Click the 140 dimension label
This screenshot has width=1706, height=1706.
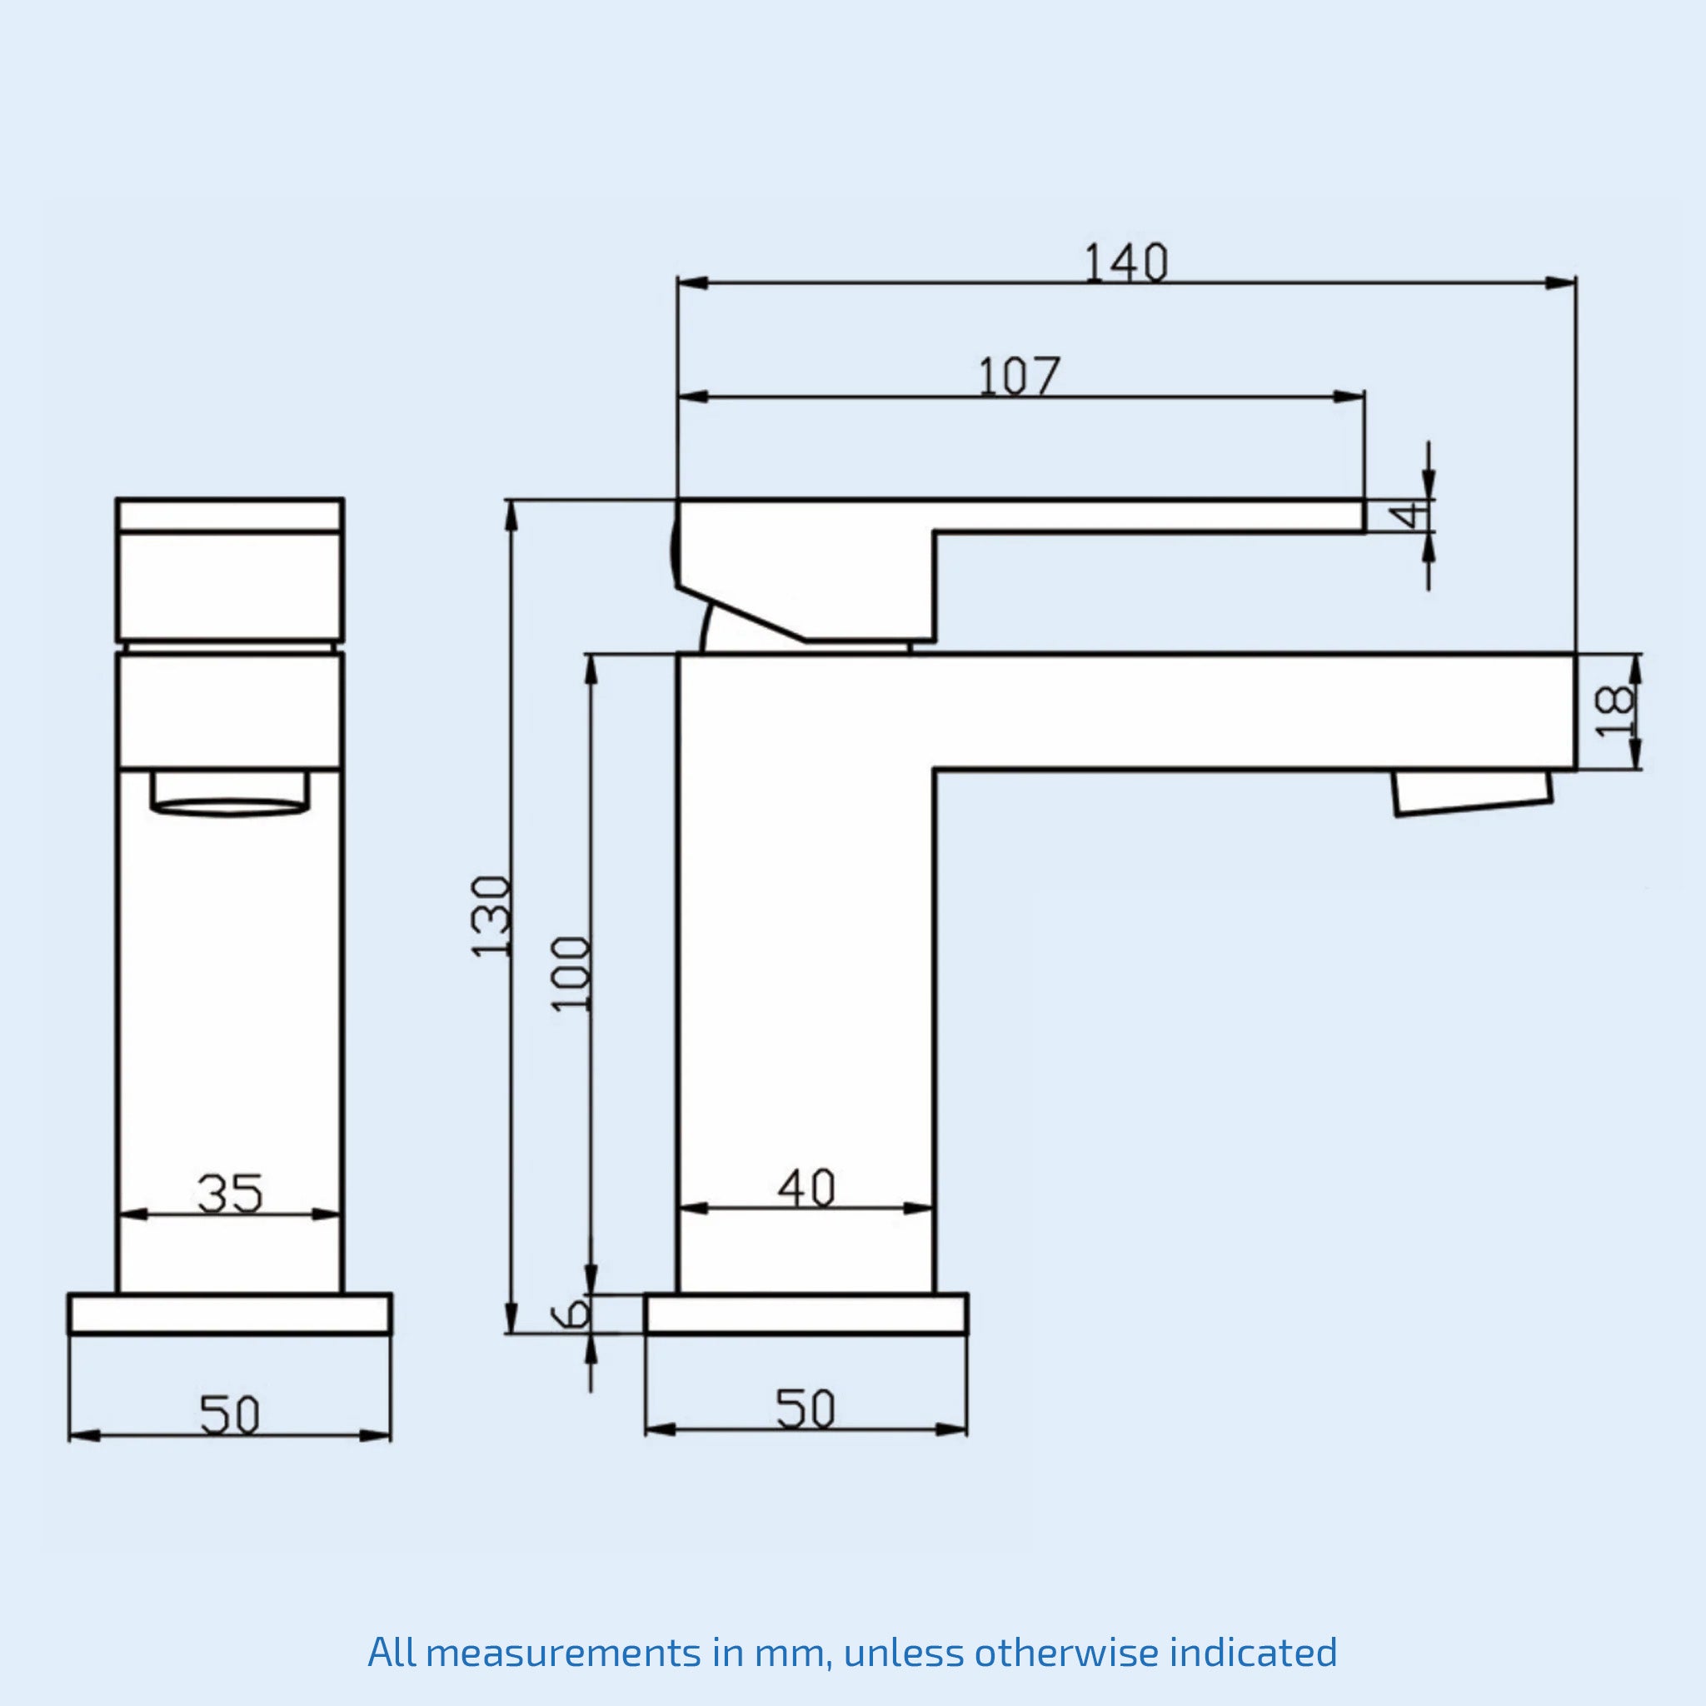pyautogui.click(x=1125, y=263)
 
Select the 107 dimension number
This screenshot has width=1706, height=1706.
pyautogui.click(x=1018, y=377)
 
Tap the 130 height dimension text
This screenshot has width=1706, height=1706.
pyautogui.click(x=491, y=915)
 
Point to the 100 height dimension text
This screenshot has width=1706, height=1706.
pyautogui.click(x=571, y=973)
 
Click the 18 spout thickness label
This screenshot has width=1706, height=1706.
pyautogui.click(x=1615, y=711)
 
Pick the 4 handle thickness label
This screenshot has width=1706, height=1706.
pyautogui.click(x=1411, y=515)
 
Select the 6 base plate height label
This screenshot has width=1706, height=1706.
pyautogui.click(x=572, y=1314)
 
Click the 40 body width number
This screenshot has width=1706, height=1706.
pyautogui.click(x=806, y=1188)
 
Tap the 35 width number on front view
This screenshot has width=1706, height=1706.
pyautogui.click(x=230, y=1194)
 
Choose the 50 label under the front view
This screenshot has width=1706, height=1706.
pyautogui.click(x=230, y=1415)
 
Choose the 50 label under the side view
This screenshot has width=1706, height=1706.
pyautogui.click(x=806, y=1409)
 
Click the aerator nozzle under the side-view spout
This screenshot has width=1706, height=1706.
pyautogui.click(x=1472, y=792)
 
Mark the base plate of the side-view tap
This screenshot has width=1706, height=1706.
pyautogui.click(x=806, y=1314)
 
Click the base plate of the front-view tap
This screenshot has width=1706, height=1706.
pyautogui.click(x=230, y=1314)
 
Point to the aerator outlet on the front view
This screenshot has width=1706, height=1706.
pyautogui.click(x=230, y=792)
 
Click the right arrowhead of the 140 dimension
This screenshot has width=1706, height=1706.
pyautogui.click(x=1560, y=282)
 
